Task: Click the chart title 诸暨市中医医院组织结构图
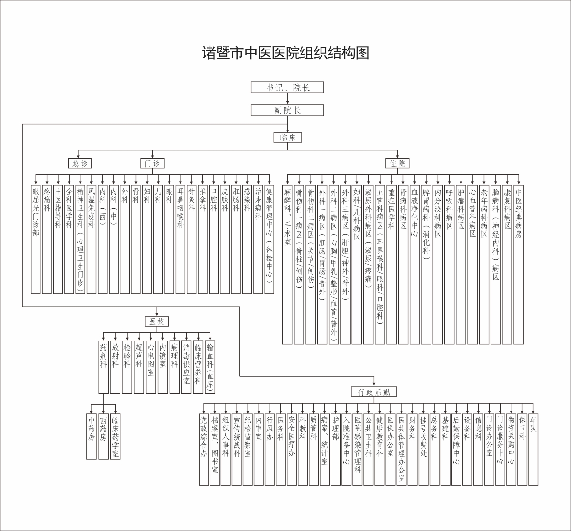tap(286, 53)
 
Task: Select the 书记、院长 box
tap(287, 88)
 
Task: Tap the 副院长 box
tap(287, 110)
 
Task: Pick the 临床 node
tap(288, 138)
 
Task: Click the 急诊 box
tap(80, 163)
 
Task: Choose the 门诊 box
tap(152, 163)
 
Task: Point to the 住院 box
tap(397, 163)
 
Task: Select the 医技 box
tap(157, 321)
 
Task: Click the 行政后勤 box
tap(374, 392)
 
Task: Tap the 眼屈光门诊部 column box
tap(36, 239)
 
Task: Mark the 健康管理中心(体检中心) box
tap(269, 239)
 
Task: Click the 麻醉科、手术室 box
tap(287, 264)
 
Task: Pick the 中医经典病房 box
tap(519, 264)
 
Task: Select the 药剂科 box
tap(103, 367)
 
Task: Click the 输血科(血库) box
tap(210, 367)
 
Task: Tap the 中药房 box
tap(91, 436)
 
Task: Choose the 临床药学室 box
tap(115, 436)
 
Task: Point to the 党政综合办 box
tap(204, 450)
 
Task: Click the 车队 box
tap(533, 450)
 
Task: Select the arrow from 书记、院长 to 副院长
tap(287, 99)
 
